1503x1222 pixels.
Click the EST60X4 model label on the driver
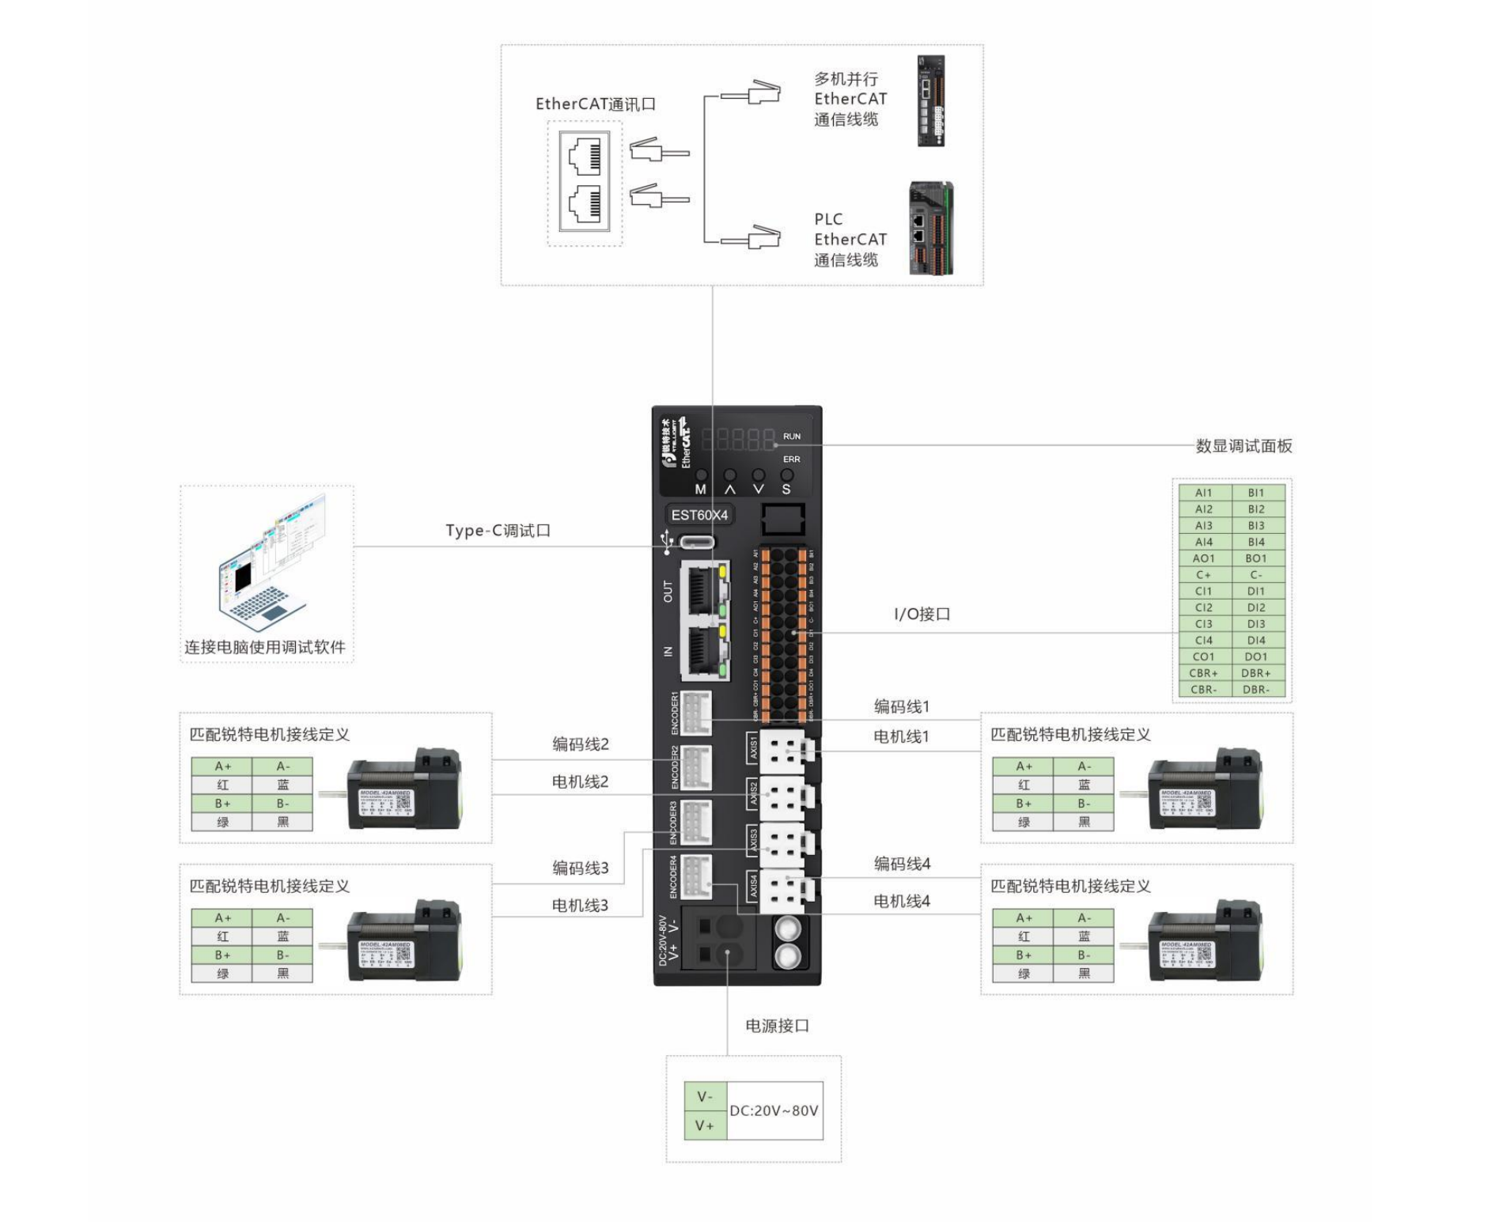click(x=699, y=515)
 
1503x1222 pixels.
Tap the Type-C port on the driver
click(x=697, y=542)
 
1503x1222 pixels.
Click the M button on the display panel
click(x=701, y=476)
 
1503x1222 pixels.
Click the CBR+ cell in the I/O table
click(x=1204, y=673)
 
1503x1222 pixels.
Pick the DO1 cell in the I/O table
click(x=1256, y=656)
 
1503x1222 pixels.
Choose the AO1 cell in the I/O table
click(x=1204, y=558)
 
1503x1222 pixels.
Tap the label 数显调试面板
click(x=1244, y=446)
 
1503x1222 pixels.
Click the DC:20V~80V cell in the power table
click(x=774, y=1110)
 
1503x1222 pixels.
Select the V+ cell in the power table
click(x=704, y=1126)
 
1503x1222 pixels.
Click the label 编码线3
click(x=580, y=868)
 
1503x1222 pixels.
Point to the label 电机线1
click(x=901, y=736)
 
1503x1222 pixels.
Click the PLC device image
click(x=931, y=229)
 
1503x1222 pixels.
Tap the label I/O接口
click(x=922, y=614)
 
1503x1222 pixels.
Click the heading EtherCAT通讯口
click(x=595, y=104)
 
